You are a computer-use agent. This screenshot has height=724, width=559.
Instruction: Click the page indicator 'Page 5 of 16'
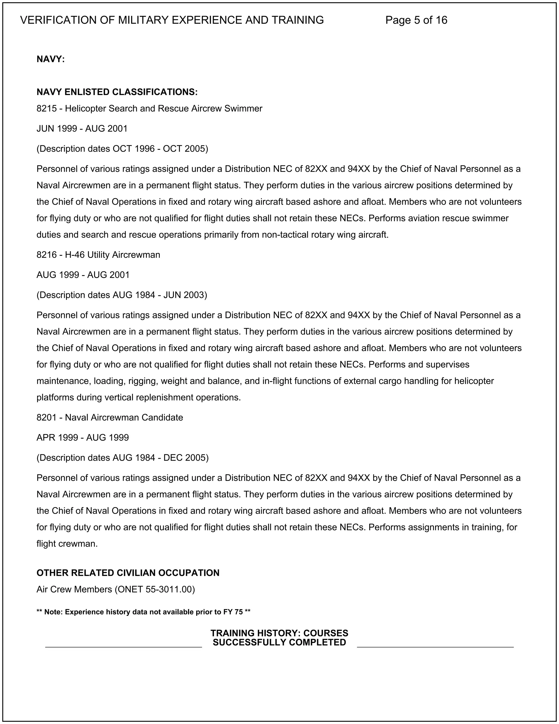(x=416, y=20)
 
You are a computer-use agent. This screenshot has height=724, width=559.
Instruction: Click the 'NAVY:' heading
(x=50, y=59)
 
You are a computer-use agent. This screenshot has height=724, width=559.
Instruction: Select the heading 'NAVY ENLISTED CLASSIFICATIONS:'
(x=117, y=92)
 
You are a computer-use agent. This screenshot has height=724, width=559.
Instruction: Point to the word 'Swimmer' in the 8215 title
(x=243, y=109)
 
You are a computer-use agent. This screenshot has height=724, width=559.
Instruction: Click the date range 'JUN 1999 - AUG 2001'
(x=82, y=129)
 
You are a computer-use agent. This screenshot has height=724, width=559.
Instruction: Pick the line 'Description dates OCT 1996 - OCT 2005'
(x=122, y=149)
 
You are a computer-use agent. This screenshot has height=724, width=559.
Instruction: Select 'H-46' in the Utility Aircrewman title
(x=75, y=255)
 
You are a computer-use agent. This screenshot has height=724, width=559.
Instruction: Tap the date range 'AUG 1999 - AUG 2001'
(x=83, y=275)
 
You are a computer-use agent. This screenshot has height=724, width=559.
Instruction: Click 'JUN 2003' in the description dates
(x=183, y=295)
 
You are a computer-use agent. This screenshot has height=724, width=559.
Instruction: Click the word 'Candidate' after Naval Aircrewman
(x=162, y=418)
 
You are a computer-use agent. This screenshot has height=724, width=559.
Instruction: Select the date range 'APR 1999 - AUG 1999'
(x=82, y=438)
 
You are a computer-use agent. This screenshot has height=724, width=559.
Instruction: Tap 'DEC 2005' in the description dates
(x=185, y=458)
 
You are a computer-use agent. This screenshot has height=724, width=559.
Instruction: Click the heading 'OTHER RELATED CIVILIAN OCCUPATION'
(x=128, y=573)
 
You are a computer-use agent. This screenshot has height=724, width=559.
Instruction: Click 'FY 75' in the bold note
(x=233, y=612)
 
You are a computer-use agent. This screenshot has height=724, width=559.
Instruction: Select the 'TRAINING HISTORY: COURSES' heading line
(x=279, y=633)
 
